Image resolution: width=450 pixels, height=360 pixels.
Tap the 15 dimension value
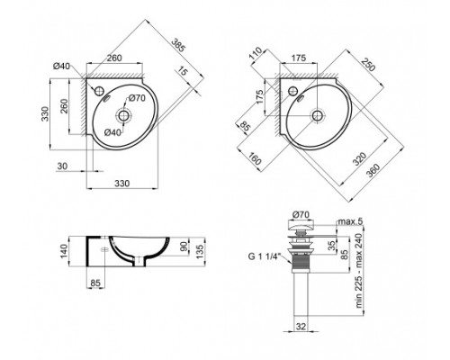[x=185, y=74]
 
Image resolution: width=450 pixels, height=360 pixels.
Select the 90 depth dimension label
[x=185, y=248]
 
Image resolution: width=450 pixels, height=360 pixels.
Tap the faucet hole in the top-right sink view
[x=292, y=92]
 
